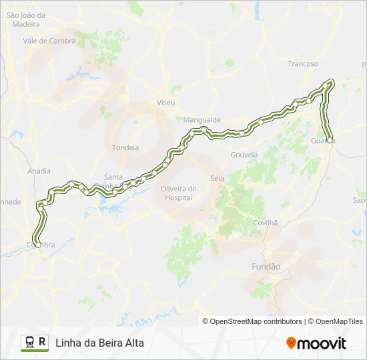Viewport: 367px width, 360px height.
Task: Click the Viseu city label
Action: (165, 103)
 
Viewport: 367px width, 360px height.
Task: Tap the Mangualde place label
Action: (202, 120)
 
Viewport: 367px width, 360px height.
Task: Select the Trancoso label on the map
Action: (303, 64)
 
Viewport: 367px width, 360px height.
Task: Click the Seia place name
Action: (217, 178)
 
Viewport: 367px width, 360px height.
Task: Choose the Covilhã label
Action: (265, 223)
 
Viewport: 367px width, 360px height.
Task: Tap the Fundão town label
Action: (266, 267)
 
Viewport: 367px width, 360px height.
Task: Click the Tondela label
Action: (126, 147)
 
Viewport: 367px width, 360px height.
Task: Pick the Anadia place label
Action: (39, 171)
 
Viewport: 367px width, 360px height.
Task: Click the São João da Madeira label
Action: (25, 19)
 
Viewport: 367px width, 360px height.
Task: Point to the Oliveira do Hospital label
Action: (179, 193)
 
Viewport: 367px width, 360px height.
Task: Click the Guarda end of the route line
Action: (330, 139)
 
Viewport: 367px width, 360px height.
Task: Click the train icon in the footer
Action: (30, 343)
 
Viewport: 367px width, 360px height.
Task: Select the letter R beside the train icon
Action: (43, 342)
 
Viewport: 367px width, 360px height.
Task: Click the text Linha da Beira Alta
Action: (99, 343)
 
